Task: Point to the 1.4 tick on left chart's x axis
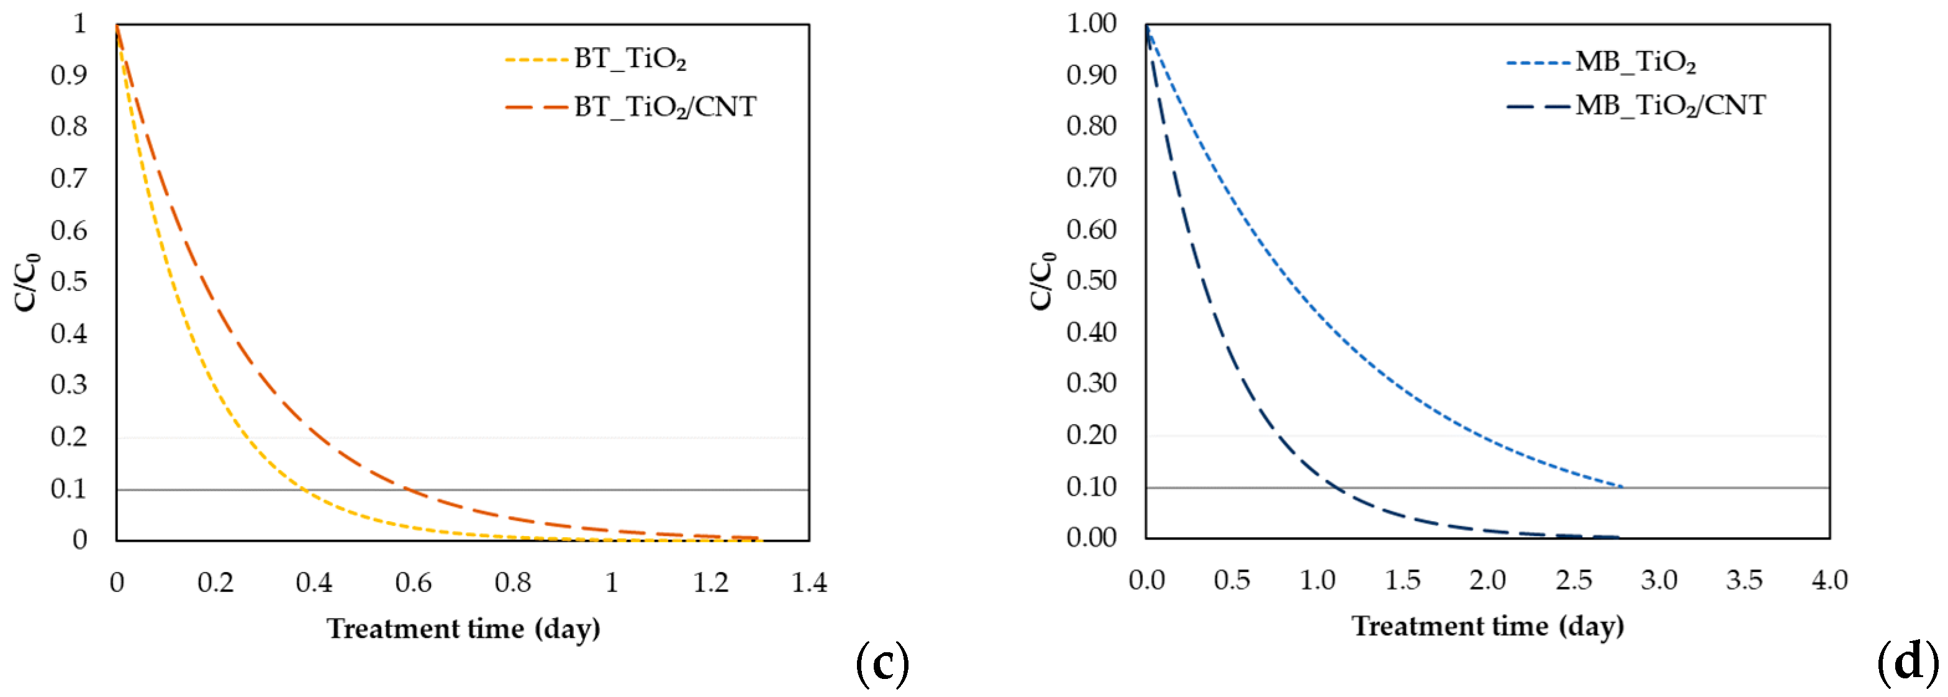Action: [809, 582]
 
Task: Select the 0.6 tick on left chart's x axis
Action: [413, 582]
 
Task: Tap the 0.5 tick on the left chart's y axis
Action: [69, 282]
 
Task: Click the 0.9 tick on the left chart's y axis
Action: [69, 75]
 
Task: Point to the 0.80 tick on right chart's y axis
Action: [1091, 126]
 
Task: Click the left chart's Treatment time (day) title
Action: [463, 628]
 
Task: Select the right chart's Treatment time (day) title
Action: [1487, 626]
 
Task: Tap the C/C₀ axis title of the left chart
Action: [27, 282]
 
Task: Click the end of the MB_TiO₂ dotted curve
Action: [1623, 487]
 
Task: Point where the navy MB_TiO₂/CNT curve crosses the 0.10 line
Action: [1334, 487]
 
